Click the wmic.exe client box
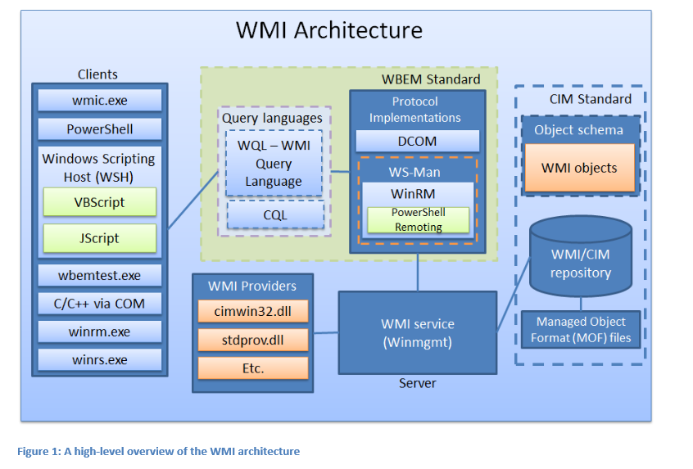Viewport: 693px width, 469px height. tap(99, 101)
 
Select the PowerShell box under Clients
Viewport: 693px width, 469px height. tap(99, 129)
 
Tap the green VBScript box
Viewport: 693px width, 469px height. tap(99, 201)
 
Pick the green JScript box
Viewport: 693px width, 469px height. tap(99, 238)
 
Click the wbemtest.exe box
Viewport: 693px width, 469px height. tap(99, 275)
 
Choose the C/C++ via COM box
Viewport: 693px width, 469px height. tap(99, 304)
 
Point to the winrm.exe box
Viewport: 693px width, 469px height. tap(99, 332)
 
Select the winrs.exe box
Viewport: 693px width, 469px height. tap(99, 359)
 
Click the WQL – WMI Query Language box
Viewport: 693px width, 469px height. tap(274, 163)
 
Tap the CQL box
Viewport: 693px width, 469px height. tap(274, 215)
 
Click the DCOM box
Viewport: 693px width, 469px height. tap(416, 141)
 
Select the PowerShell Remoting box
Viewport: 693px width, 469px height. tap(416, 219)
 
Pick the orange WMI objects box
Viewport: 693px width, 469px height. tap(579, 168)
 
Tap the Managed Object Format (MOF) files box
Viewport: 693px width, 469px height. tap(580, 329)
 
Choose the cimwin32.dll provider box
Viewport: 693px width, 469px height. tap(253, 311)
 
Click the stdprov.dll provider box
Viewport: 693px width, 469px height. tap(253, 340)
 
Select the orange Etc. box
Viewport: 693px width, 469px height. tap(253, 368)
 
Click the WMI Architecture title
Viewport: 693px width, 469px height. tap(329, 30)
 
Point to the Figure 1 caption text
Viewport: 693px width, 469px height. tap(158, 451)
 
